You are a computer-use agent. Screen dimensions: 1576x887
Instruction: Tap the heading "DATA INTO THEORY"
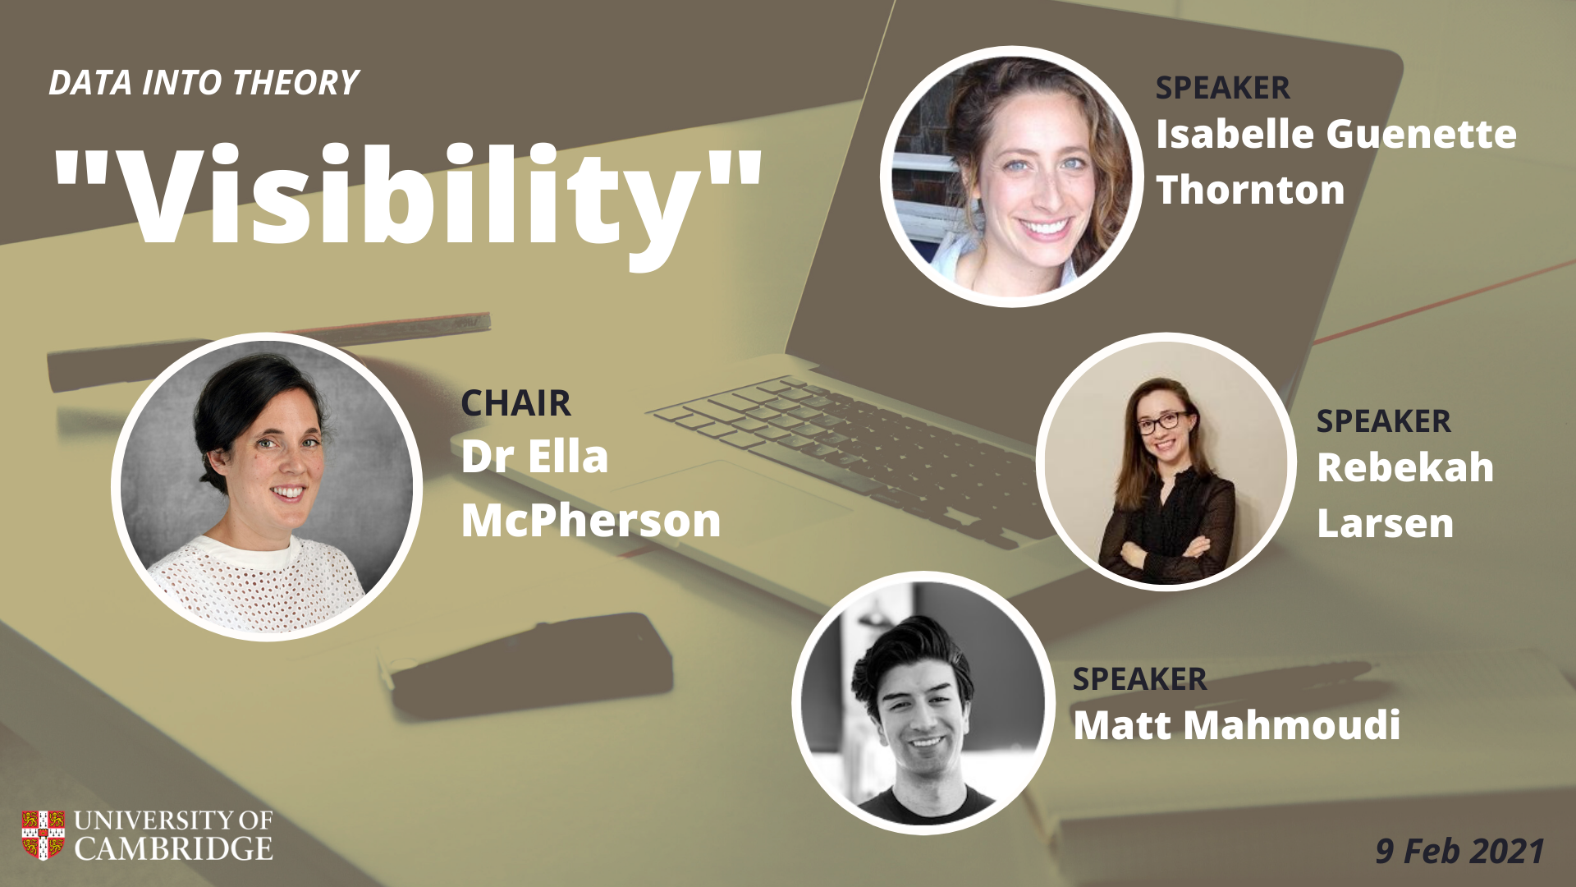[204, 83]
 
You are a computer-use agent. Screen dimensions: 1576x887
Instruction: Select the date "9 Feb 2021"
[1460, 851]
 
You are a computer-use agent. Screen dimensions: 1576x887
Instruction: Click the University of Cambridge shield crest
[43, 835]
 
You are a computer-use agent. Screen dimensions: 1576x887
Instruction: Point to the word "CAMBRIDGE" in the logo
[174, 848]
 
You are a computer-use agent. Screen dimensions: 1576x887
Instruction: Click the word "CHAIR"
[515, 403]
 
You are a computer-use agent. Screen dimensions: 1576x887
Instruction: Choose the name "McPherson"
[591, 521]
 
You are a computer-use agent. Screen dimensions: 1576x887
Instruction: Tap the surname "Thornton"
[1250, 190]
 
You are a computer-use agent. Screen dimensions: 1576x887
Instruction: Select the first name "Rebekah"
[1405, 467]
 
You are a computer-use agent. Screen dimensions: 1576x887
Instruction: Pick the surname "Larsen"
[1385, 523]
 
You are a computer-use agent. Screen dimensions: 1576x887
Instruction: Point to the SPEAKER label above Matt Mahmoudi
[1139, 679]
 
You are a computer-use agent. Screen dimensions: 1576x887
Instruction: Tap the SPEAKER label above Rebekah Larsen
[1383, 421]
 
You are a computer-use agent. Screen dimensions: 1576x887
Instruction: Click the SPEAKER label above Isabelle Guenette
[1222, 88]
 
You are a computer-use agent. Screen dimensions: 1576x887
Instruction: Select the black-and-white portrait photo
[923, 703]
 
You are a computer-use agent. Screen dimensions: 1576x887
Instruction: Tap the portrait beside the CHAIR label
[267, 487]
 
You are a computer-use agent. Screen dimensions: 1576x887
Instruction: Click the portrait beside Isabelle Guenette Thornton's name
[1012, 177]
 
